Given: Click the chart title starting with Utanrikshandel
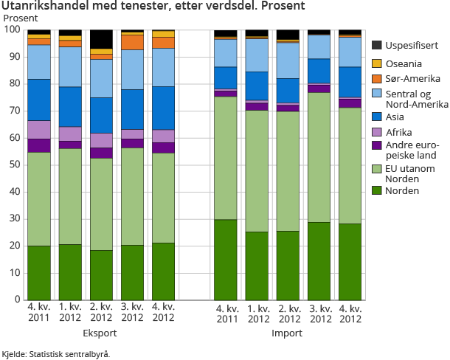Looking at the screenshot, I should (153, 6).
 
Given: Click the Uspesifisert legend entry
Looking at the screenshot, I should (409, 45).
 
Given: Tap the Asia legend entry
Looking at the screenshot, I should (394, 117).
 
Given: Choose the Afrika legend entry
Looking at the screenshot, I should (398, 131).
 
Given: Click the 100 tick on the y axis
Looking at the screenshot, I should (13, 30).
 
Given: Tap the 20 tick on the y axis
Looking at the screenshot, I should (15, 246).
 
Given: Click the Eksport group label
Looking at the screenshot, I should (100, 333).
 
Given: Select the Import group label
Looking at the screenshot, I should (288, 333).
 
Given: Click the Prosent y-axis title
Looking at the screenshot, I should (21, 18).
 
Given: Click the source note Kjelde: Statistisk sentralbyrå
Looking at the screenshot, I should (56, 354).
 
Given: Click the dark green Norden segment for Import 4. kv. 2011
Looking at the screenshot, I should (225, 260).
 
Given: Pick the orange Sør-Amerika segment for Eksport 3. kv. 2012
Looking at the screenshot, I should (132, 42).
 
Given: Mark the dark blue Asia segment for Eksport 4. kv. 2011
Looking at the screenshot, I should (39, 100).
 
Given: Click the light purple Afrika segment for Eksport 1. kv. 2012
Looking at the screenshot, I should (70, 134).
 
